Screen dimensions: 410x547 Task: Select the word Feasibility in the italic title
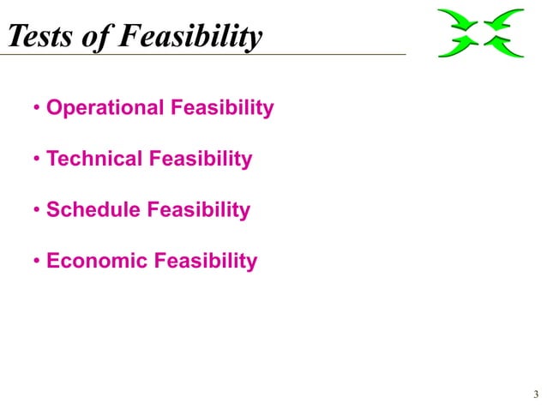(188, 37)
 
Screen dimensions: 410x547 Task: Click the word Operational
(105, 108)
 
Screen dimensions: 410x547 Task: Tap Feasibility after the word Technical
(201, 160)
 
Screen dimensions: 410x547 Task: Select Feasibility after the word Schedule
(198, 210)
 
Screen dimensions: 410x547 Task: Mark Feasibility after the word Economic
(205, 261)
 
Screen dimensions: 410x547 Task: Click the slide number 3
(535, 395)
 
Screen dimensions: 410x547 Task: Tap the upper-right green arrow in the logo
(508, 20)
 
